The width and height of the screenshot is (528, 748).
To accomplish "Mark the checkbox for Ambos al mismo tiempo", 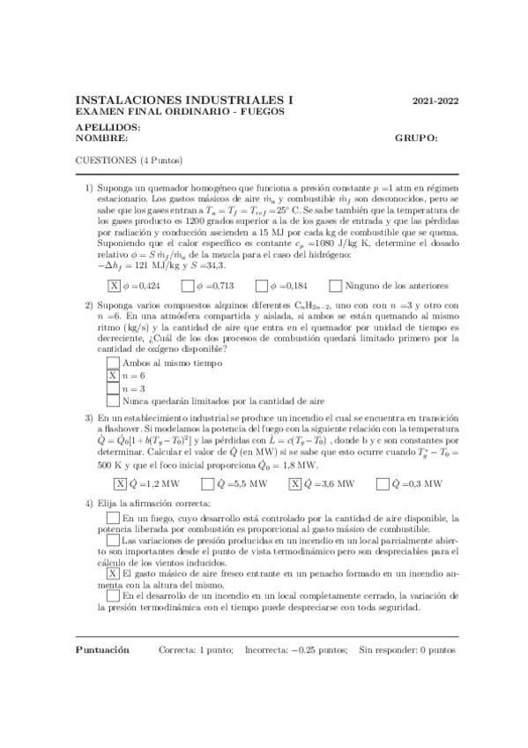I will pos(113,362).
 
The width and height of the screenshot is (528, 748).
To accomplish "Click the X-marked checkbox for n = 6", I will pos(113,375).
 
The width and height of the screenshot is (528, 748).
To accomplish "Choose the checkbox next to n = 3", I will pos(113,388).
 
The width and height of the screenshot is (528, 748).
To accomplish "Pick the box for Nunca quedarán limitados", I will pos(113,401).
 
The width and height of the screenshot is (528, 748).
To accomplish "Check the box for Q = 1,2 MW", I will pos(120,483).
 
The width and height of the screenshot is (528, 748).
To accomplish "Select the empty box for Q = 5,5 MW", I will pos(207,483).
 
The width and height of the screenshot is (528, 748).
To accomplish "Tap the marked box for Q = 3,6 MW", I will pos(295,483).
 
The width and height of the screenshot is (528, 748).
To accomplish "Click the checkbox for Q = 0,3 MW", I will pos(382,483).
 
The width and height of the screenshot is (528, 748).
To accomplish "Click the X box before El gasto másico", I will pos(113,573).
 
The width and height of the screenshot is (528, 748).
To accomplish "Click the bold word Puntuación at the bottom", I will pos(104,649).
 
